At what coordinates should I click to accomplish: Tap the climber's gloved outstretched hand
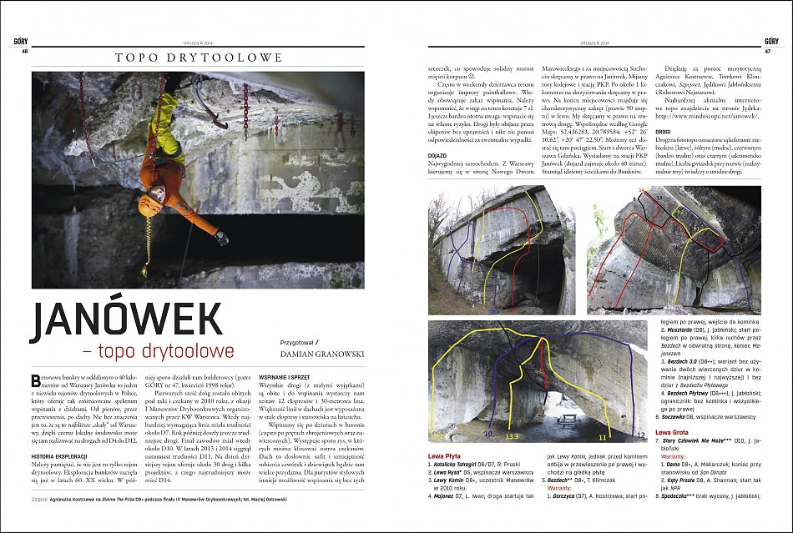point(222,239)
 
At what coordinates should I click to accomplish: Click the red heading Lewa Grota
point(673,432)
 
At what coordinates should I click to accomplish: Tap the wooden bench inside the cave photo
point(569,418)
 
